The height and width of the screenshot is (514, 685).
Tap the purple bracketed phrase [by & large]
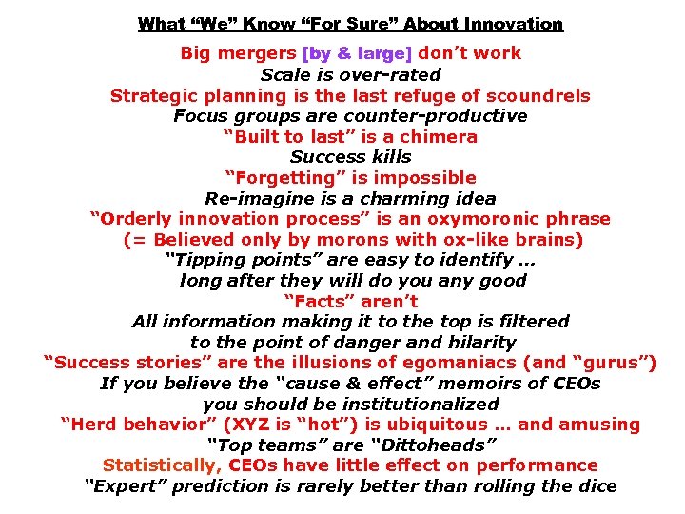(358, 53)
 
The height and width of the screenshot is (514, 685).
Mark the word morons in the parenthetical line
(369, 240)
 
